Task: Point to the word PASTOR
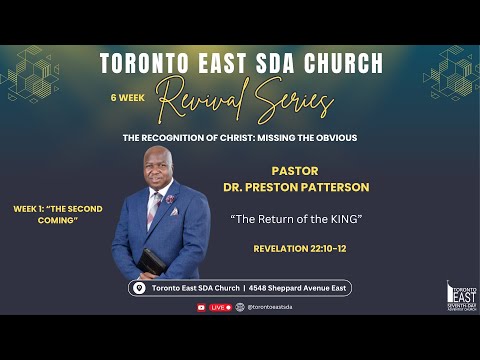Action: (x=296, y=170)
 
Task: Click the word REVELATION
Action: (x=278, y=247)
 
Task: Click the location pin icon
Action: (x=139, y=288)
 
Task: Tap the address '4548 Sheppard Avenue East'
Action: (x=295, y=288)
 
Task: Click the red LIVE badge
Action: (x=219, y=307)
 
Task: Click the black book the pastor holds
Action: (x=152, y=261)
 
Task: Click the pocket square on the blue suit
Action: (x=172, y=200)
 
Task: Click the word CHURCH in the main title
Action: (x=333, y=64)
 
